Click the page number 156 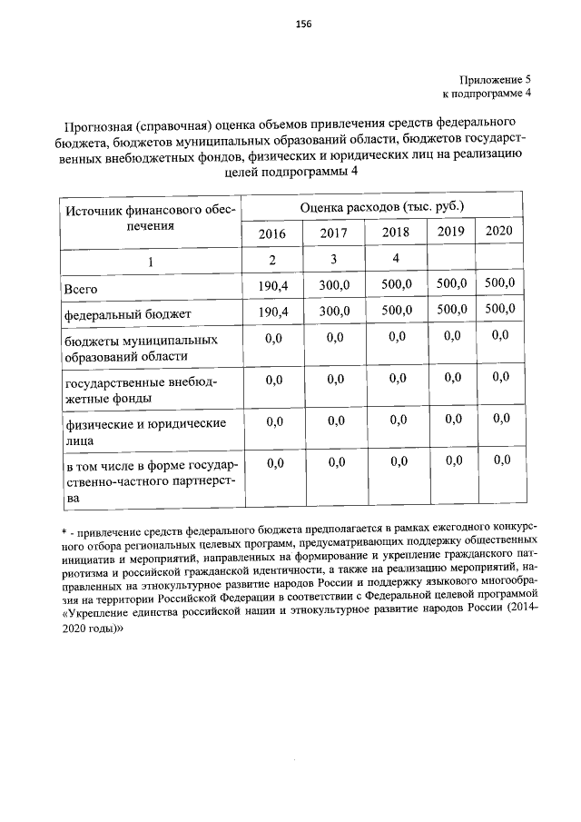(303, 25)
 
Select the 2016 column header (271, 233)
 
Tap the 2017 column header (333, 233)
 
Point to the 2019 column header (450, 231)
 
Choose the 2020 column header (498, 230)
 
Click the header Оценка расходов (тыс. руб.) (381, 206)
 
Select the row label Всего (81, 289)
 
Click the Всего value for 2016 (271, 286)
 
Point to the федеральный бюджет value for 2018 (396, 310)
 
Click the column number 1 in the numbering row (151, 262)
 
